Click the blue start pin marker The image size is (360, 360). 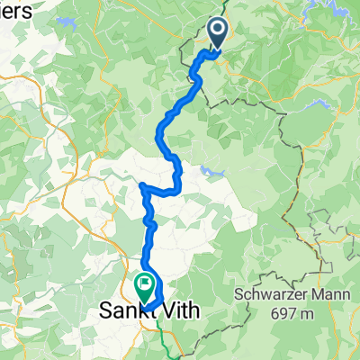click(219, 35)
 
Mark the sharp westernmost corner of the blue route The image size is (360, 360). click(142, 185)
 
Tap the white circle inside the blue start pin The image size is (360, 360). click(219, 31)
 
